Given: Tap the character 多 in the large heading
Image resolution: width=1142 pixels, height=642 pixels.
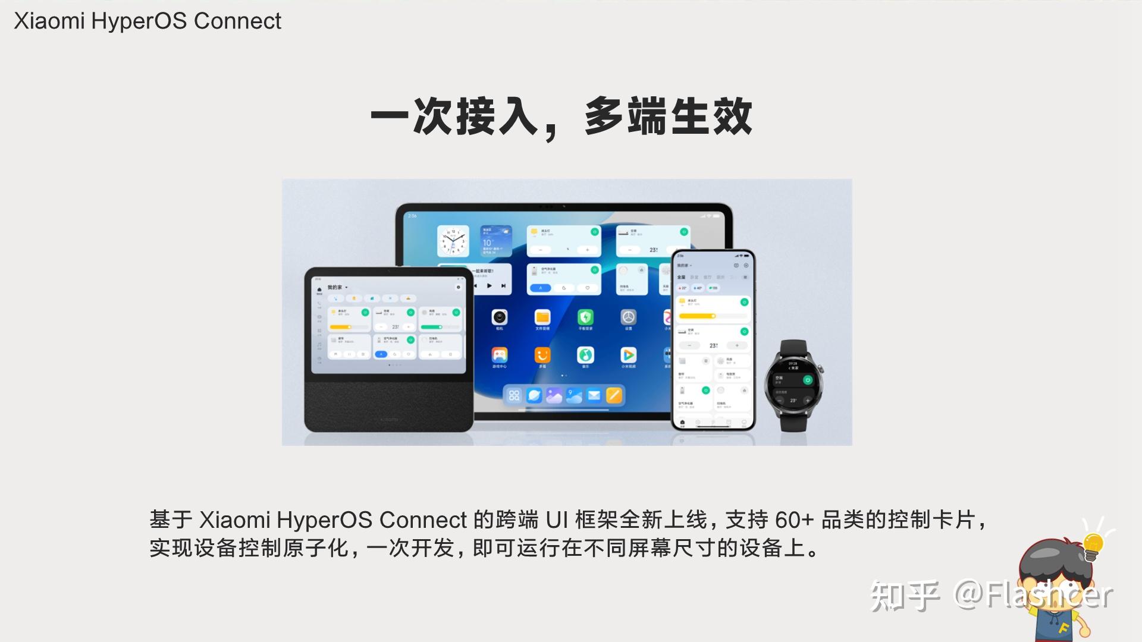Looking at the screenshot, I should [x=604, y=116].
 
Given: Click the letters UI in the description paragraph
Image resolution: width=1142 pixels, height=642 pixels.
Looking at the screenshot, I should [x=557, y=520].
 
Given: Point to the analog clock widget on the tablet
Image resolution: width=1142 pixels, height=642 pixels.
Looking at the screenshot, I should [x=453, y=241].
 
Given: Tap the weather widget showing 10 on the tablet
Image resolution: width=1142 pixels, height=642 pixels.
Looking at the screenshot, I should [x=496, y=241].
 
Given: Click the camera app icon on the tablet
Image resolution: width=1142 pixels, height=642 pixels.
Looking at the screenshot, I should [x=500, y=317].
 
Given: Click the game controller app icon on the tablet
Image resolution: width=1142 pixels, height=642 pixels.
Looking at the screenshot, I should [x=500, y=355].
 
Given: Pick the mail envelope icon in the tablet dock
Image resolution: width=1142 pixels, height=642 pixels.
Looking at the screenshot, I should [x=594, y=395].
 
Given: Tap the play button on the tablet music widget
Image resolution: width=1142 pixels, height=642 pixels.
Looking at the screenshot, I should [x=490, y=286].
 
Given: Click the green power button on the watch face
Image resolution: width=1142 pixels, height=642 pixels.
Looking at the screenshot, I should [x=807, y=380].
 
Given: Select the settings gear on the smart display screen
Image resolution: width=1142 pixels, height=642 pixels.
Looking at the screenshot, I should [x=458, y=287].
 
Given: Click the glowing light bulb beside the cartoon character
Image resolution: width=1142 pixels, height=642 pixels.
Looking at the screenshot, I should [x=1093, y=544].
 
